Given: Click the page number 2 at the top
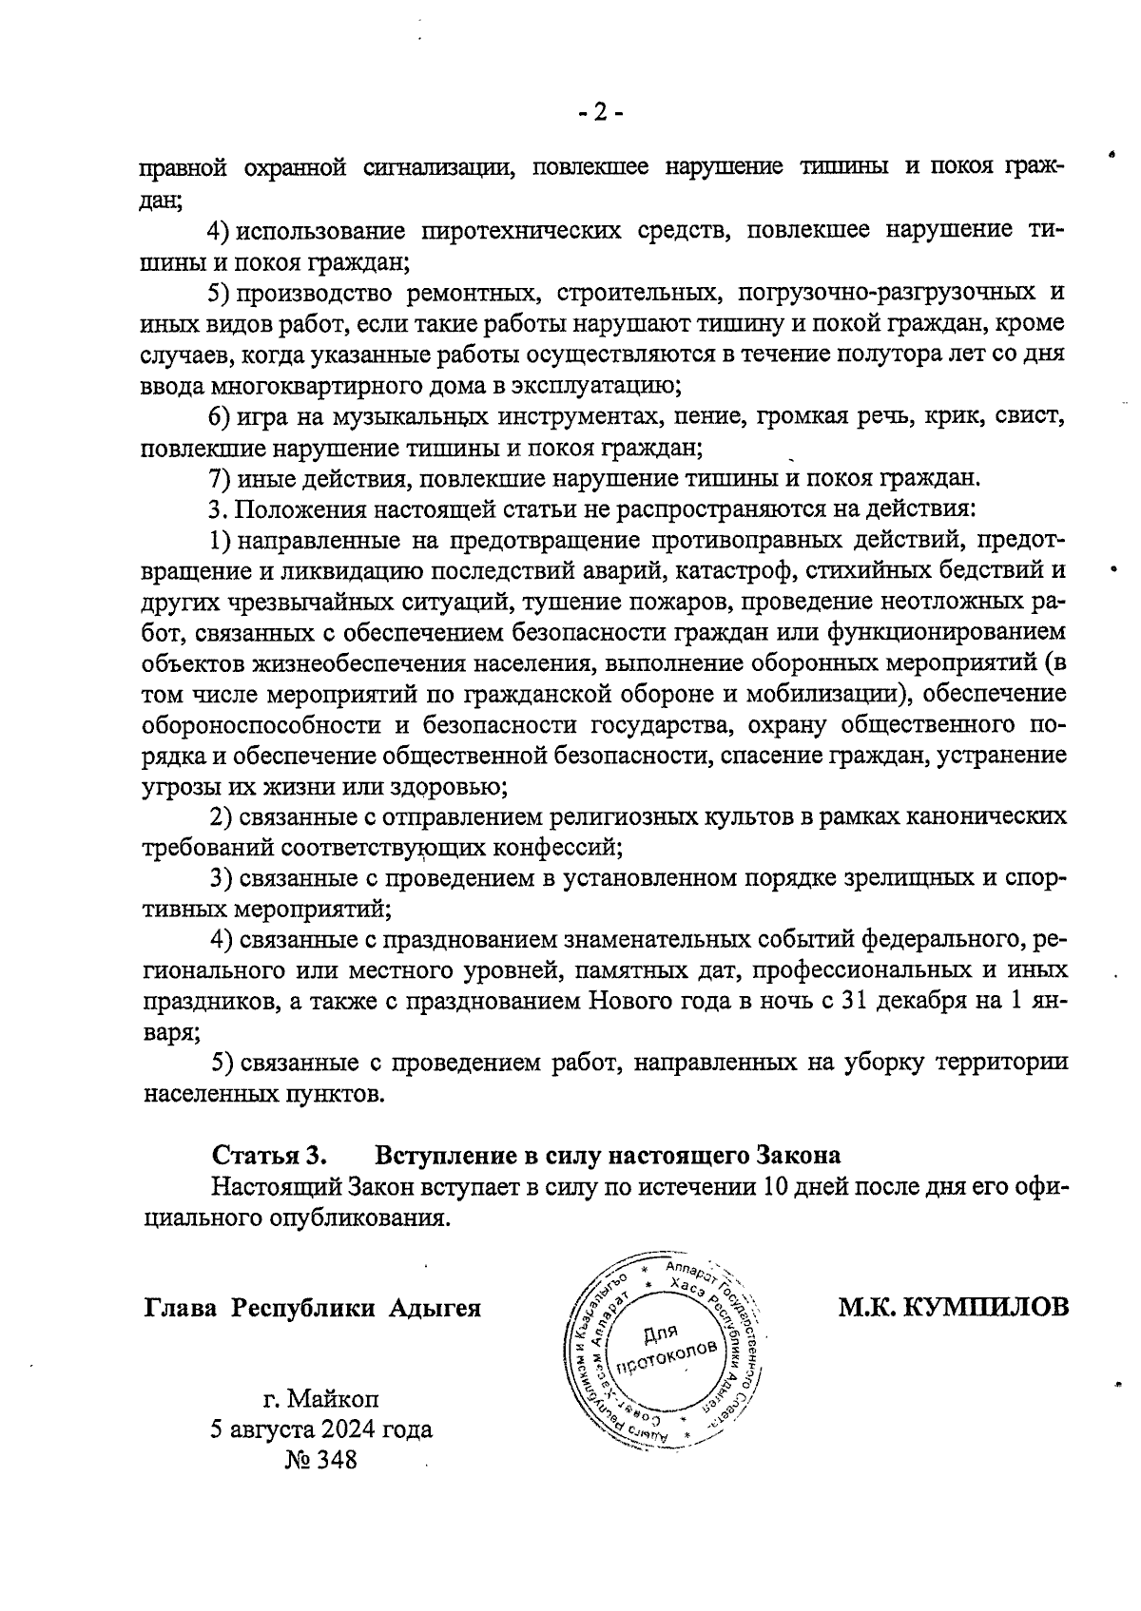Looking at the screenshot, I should pyautogui.click(x=600, y=113).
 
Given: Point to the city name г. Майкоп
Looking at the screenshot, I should pyautogui.click(x=321, y=1399).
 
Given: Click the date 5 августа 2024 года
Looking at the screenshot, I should pyautogui.click(x=321, y=1429).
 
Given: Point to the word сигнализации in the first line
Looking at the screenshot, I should pyautogui.click(x=437, y=168).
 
